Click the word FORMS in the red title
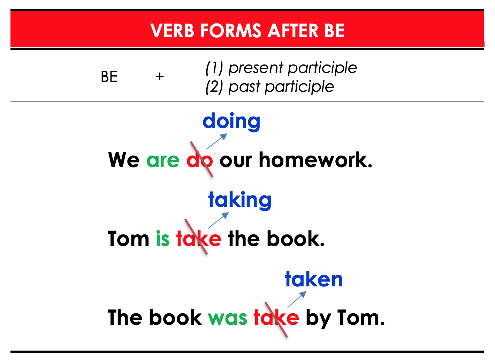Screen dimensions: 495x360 coord(231,31)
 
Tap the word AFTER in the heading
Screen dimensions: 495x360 coord(293,31)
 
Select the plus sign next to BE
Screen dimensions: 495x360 coord(160,77)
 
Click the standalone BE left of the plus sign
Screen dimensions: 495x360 coord(109,77)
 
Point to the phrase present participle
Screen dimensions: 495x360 coord(292,68)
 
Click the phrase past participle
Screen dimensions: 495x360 coord(281,87)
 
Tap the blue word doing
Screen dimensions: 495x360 coord(231,122)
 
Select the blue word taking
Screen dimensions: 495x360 coord(240,201)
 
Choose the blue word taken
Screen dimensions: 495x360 coord(314,279)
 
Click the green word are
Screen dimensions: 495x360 coord(163,161)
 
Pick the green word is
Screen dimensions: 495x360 coord(163,238)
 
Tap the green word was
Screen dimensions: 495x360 coord(227,318)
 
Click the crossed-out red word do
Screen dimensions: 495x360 coord(200,159)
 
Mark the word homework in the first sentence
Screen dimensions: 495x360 coord(315,159)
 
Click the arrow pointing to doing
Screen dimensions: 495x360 coord(217,141)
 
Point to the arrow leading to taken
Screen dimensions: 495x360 coord(297,299)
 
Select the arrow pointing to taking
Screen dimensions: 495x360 coord(218,220)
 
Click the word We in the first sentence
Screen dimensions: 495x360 coord(124,160)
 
